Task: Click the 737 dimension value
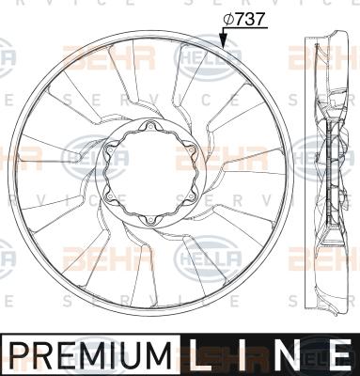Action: click(x=250, y=20)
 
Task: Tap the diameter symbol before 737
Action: click(x=228, y=20)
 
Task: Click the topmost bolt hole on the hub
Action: click(x=149, y=127)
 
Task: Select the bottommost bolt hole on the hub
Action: click(x=149, y=220)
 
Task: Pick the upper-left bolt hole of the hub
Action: click(x=109, y=150)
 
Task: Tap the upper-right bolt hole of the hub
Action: click(x=191, y=150)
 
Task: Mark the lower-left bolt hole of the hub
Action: click(x=109, y=196)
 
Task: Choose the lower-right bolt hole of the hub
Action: click(x=191, y=196)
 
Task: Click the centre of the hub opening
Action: click(x=149, y=174)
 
